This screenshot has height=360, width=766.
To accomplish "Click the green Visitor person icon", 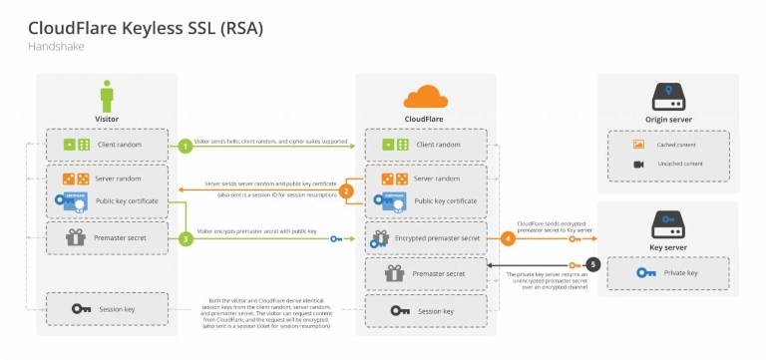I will [108, 98].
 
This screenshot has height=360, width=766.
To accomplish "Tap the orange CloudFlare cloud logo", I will [425, 97].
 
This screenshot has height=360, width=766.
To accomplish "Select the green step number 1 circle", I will [185, 146].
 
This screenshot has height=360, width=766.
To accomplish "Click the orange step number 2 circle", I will [346, 190].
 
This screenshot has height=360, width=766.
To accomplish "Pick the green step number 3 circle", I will [185, 239].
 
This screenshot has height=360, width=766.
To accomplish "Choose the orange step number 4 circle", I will [507, 239].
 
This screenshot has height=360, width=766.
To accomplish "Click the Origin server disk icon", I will [667, 96].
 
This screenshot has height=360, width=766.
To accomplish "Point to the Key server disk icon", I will [667, 222].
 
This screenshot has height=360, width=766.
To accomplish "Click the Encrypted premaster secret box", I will [426, 239].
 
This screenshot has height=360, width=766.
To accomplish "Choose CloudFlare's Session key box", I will [426, 310].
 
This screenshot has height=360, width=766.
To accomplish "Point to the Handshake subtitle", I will [58, 46].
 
